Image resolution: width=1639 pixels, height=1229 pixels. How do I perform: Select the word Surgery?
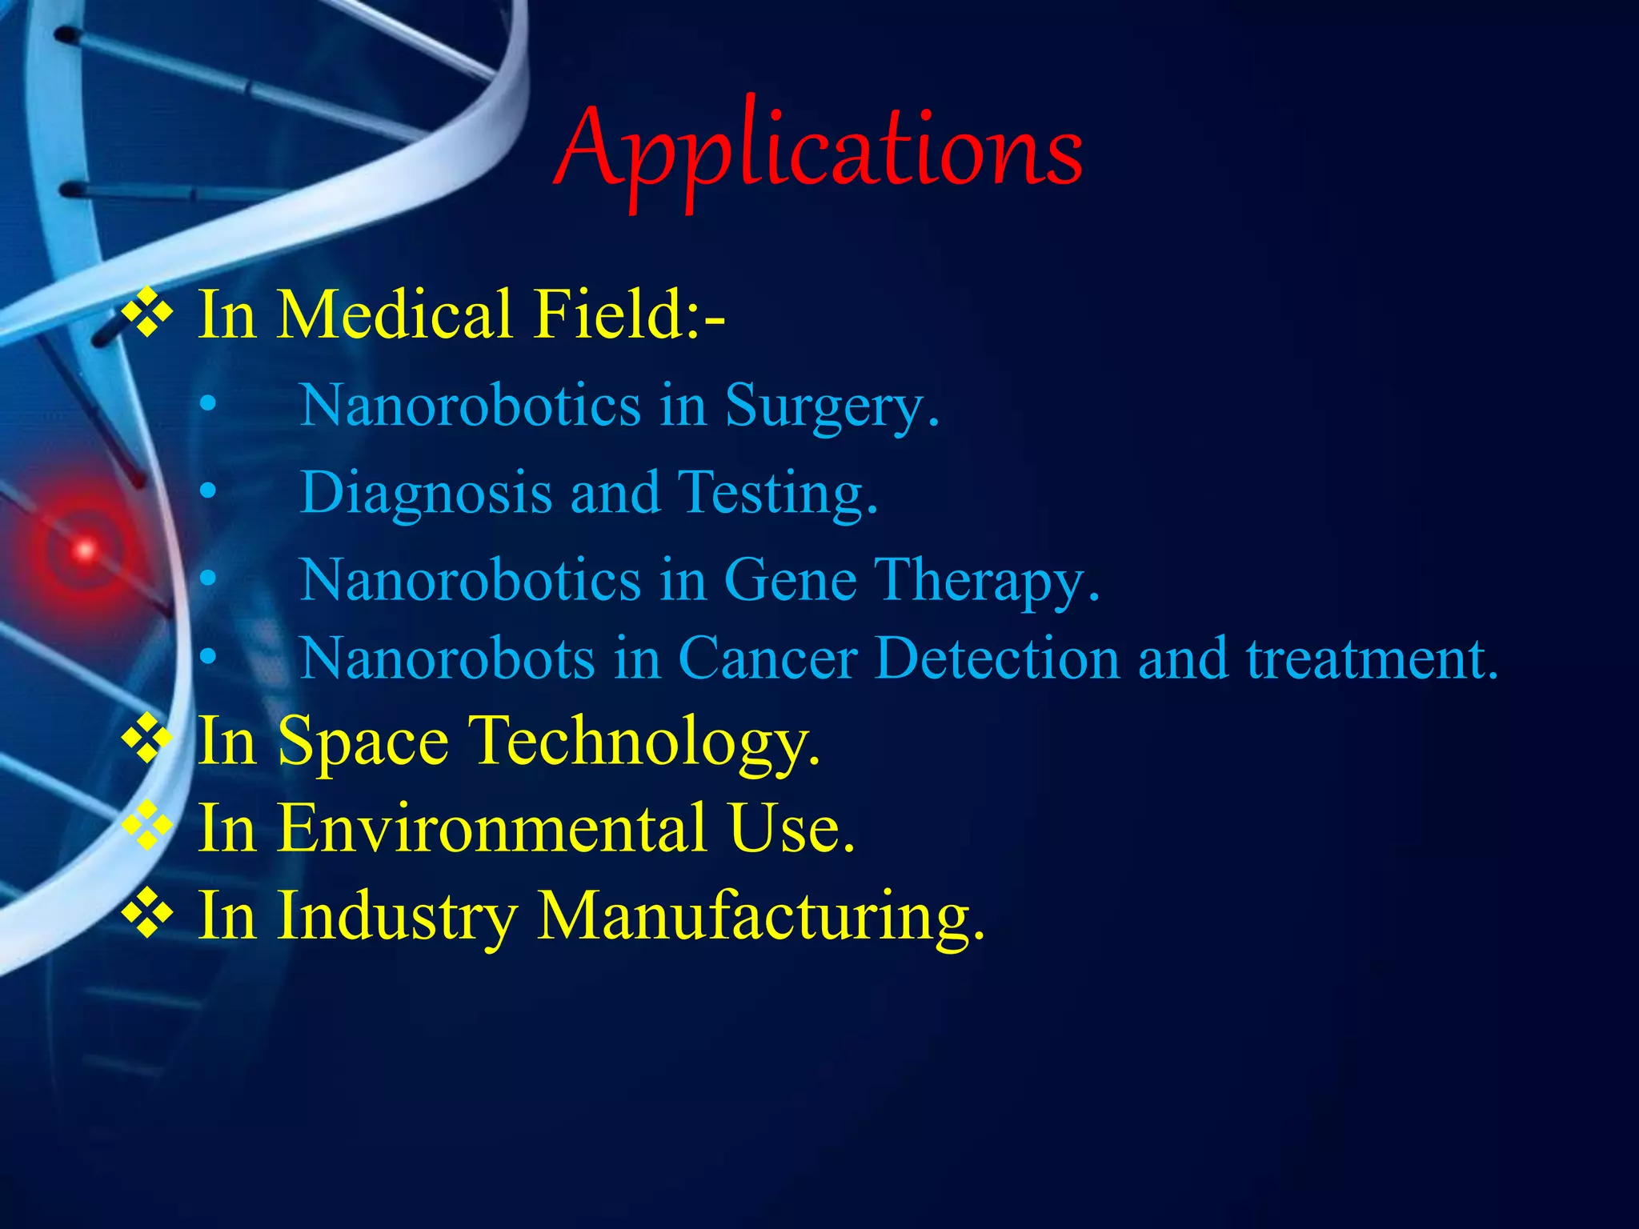coord(831,406)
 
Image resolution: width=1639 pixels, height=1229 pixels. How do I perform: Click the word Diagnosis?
coord(426,492)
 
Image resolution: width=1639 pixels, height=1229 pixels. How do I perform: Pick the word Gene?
coord(790,579)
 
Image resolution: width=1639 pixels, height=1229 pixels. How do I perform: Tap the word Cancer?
coord(767,659)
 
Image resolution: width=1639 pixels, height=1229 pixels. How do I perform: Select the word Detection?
coord(997,659)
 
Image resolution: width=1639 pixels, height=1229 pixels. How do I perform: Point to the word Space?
coord(363,742)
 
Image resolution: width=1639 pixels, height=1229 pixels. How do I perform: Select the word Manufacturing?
coord(760,915)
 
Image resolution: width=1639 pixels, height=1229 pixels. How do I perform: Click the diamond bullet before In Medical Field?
coord(146,314)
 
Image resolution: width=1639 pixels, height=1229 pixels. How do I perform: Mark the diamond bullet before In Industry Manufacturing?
coord(146,913)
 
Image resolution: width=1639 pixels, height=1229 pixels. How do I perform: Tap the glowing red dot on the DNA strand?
coord(84,550)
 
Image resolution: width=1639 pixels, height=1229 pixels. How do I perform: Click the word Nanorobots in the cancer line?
coord(447,659)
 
